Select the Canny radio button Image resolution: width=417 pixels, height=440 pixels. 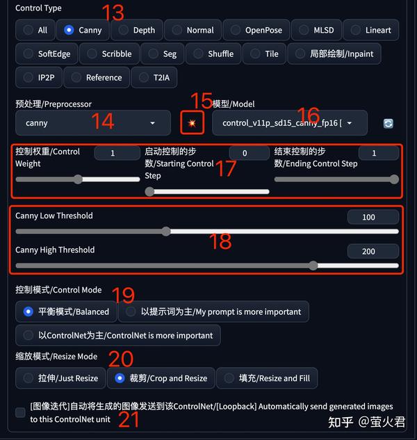pos(69,30)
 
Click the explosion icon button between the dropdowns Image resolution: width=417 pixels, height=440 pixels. pos(192,123)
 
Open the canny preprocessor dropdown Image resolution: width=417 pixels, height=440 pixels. pos(92,123)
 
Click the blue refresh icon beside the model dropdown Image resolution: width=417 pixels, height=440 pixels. pos(389,123)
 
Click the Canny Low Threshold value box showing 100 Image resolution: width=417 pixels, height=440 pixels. pos(368,218)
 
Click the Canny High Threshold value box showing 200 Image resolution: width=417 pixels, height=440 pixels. pos(368,252)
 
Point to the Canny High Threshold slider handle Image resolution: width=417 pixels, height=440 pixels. pos(313,265)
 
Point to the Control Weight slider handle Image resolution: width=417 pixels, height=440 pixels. pos(78,179)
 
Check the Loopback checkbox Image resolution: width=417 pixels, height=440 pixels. pos(20,413)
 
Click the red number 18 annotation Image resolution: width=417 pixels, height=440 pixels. pos(220,241)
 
